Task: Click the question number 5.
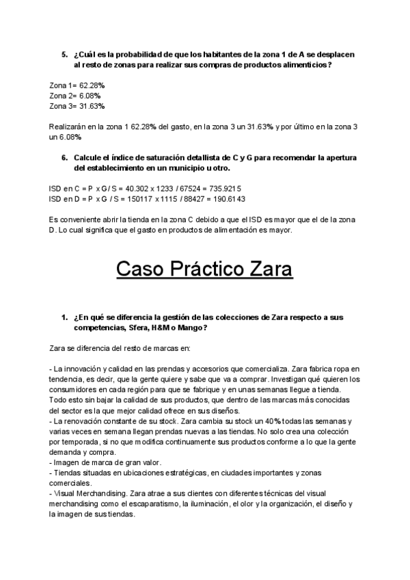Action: (64, 54)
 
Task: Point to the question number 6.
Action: (64, 157)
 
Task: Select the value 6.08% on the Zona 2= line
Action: (91, 96)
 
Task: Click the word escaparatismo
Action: (150, 505)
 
